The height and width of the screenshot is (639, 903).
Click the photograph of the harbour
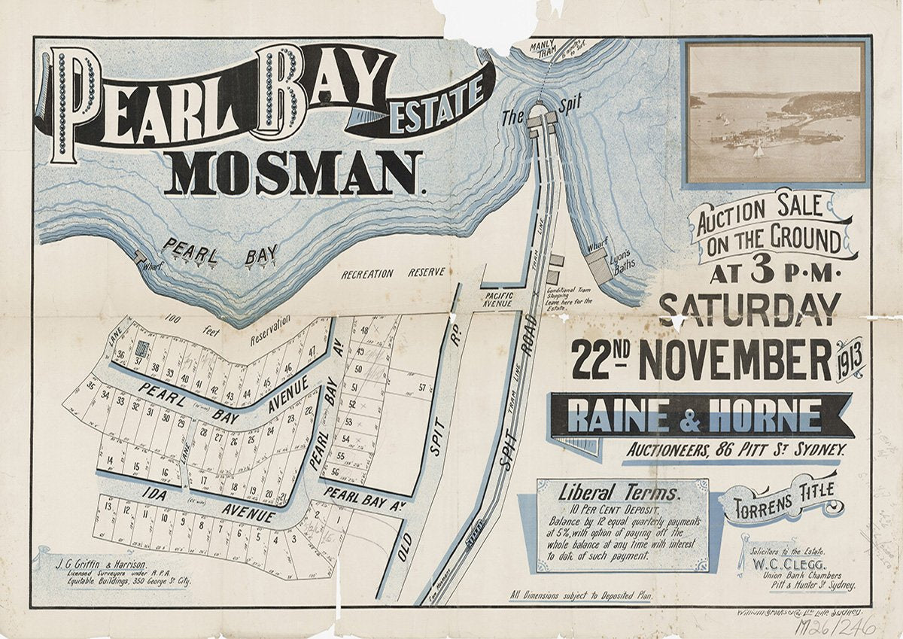(776, 113)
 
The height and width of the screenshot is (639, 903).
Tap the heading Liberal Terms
(619, 494)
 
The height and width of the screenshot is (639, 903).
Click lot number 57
(423, 388)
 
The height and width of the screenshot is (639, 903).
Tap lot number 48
(365, 330)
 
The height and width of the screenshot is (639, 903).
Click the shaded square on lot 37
(142, 348)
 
